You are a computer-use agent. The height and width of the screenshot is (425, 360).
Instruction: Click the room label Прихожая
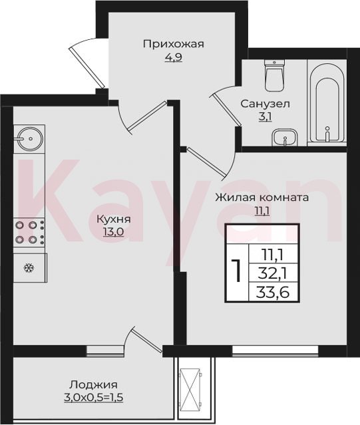[x=173, y=44]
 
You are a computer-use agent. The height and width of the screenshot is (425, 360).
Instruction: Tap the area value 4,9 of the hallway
[x=173, y=57]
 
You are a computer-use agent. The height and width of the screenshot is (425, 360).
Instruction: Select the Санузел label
[x=265, y=104]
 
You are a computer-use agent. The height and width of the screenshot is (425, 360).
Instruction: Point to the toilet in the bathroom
[x=275, y=75]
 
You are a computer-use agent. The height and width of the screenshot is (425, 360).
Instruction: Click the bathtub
[x=327, y=102]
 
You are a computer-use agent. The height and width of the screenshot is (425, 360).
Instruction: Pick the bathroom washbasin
[x=285, y=137]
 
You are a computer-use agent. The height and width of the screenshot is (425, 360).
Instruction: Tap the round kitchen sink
[x=29, y=138]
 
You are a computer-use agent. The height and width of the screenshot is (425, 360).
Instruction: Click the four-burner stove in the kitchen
[x=29, y=232]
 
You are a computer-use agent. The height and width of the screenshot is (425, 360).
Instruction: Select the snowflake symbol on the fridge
[x=29, y=268]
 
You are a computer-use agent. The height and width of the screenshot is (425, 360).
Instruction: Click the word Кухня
[x=114, y=219]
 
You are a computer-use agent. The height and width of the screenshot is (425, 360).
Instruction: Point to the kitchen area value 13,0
[x=113, y=232]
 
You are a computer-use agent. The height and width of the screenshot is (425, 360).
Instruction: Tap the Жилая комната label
[x=262, y=197]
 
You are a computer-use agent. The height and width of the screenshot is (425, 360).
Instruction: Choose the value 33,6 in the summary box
[x=273, y=292]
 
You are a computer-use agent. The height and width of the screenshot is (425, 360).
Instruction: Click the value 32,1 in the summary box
[x=273, y=274]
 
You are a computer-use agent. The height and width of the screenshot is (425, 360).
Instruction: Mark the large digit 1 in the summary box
[x=237, y=270]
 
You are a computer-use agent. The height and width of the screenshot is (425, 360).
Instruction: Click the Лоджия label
[x=94, y=385]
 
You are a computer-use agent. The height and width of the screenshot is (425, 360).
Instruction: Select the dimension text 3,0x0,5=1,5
[x=94, y=398]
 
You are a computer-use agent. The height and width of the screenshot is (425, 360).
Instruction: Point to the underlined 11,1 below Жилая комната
[x=262, y=211]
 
